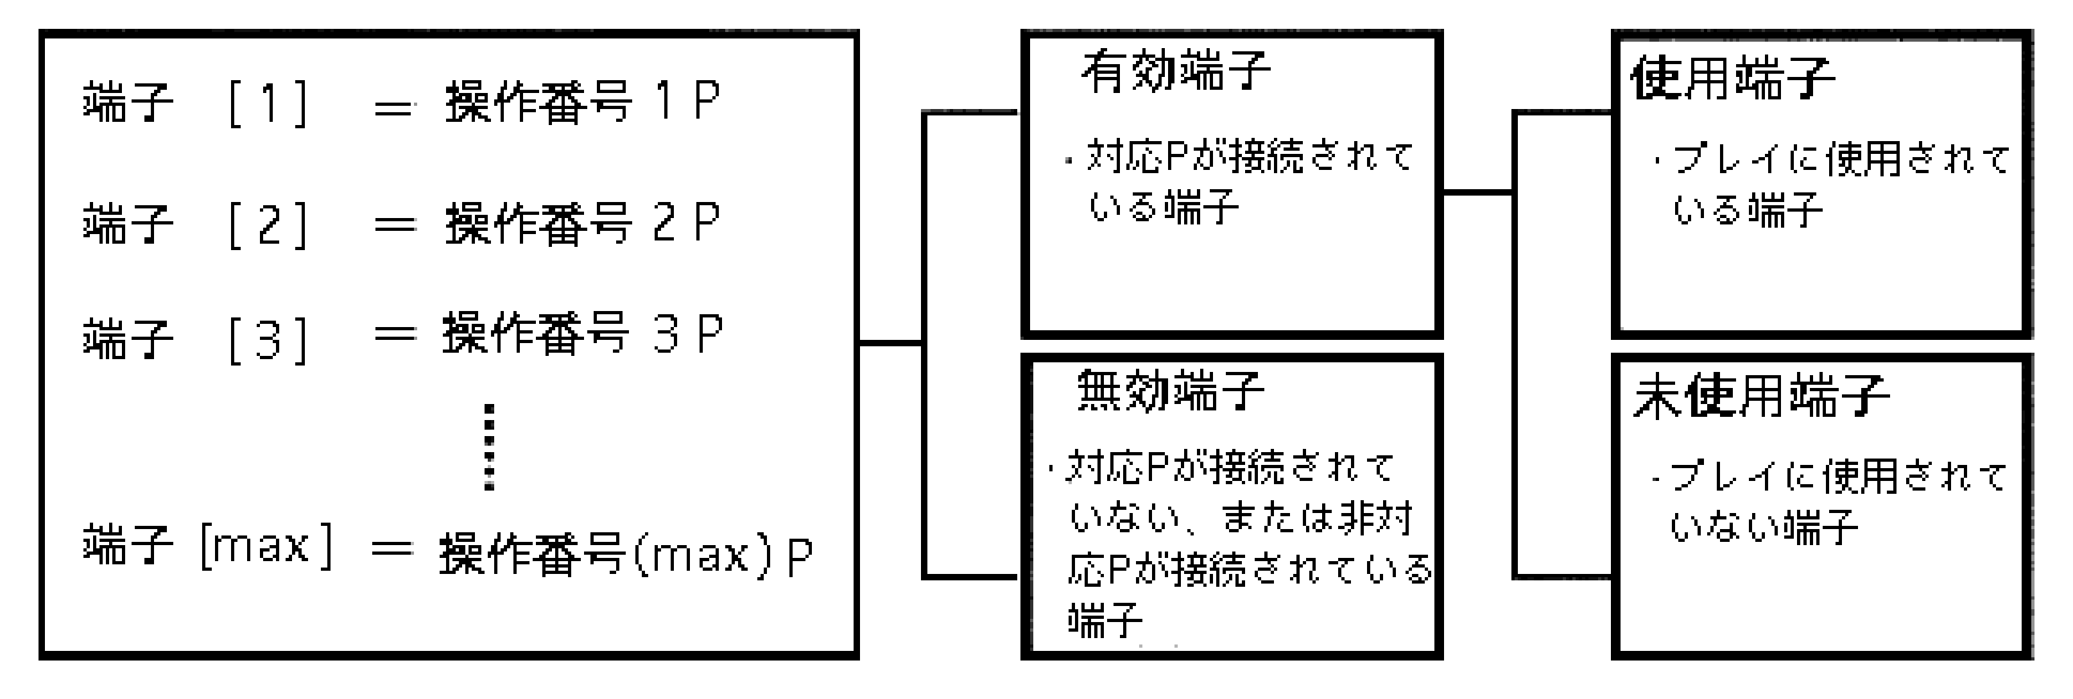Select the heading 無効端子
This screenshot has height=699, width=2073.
click(x=1171, y=391)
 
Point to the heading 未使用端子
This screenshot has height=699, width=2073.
click(x=1760, y=396)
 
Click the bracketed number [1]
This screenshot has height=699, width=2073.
click(x=268, y=104)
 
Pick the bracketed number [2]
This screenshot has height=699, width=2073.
click(x=268, y=225)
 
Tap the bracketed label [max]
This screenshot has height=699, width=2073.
click(x=266, y=546)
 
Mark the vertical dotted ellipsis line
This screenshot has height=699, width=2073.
click(x=488, y=447)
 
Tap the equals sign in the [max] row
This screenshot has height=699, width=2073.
click(x=392, y=550)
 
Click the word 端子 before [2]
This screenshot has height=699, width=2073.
click(x=128, y=224)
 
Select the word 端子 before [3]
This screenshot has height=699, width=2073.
click(x=128, y=339)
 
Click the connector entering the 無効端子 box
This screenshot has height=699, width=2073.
click(x=970, y=576)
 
